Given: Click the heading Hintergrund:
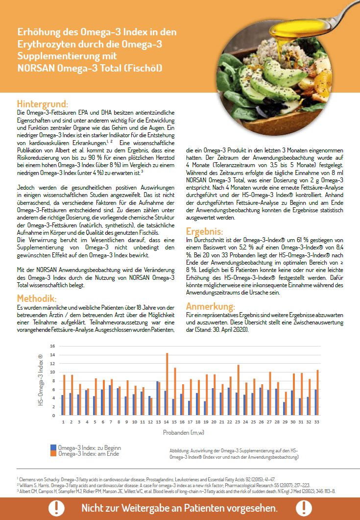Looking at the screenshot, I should [x=42, y=104].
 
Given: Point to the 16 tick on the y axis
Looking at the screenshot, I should [x=53, y=347].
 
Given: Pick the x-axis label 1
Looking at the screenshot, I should [x=63, y=421].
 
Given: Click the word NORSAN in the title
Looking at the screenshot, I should [x=35, y=67].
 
